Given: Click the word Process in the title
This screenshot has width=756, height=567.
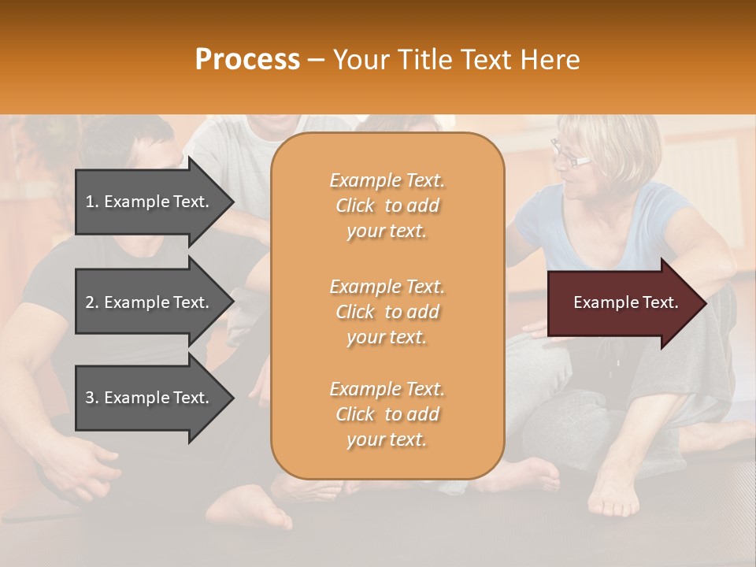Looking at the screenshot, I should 247,60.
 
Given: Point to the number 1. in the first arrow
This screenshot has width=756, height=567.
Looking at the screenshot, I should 92,202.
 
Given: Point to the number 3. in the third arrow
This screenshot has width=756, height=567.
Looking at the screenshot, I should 92,398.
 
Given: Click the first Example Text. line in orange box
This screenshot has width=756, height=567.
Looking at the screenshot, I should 387,180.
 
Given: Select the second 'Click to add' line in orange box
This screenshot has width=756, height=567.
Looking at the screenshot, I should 387,312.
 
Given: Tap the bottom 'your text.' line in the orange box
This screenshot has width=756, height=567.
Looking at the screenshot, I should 387,440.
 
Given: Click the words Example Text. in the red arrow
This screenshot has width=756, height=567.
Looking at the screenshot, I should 626,302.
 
